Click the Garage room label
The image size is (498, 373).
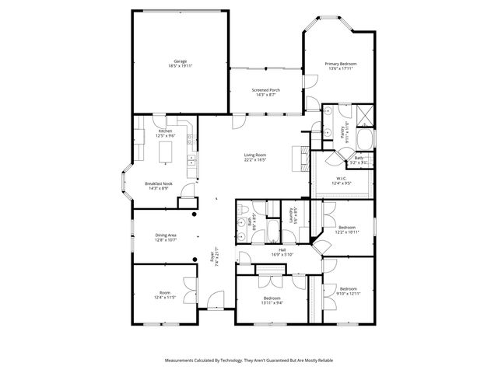[181, 61]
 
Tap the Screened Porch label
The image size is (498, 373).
[266, 90]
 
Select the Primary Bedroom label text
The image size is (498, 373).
[341, 63]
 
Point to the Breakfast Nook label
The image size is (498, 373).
[159, 183]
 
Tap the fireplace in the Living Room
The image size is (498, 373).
[296, 157]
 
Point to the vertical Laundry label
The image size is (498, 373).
[291, 215]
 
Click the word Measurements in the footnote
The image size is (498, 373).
[182, 361]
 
